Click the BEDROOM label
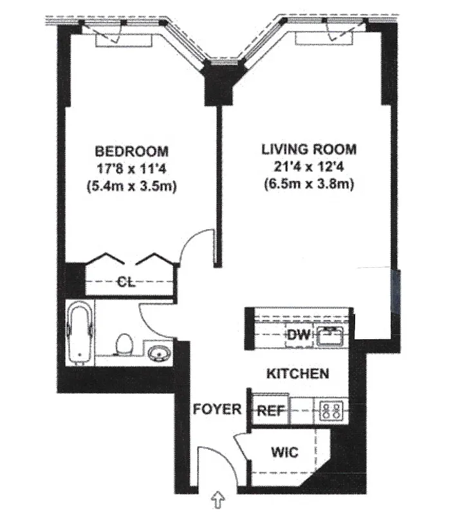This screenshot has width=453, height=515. coord(131,152)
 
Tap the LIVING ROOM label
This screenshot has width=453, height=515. coord(308,149)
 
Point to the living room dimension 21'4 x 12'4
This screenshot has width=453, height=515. coord(308,167)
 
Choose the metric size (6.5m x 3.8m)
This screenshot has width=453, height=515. coord(308,184)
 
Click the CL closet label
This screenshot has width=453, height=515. coord(126,281)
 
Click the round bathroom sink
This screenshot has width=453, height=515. coord(158,353)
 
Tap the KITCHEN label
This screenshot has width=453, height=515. coord(298,373)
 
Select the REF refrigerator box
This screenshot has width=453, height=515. coord(271,410)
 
